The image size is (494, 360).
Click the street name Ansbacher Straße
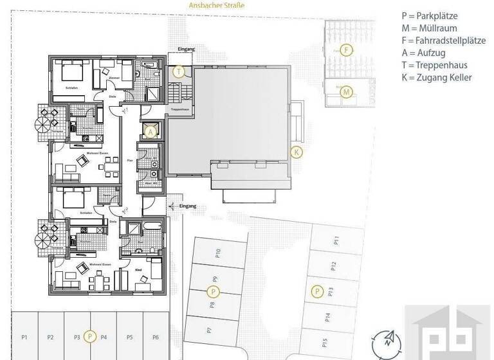[217, 5]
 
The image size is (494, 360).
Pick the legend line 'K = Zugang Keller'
[436, 77]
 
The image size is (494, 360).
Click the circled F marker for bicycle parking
[346, 50]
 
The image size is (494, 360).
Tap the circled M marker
[346, 92]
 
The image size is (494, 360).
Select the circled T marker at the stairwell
[179, 71]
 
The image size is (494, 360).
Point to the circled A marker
[151, 132]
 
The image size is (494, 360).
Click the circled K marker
[296, 152]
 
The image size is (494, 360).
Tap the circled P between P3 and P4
[91, 336]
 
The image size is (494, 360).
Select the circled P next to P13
[316, 291]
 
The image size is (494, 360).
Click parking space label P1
[24, 337]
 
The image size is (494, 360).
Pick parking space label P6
[155, 337]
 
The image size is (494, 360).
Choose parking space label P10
[218, 253]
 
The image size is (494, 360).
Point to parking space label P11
[336, 242]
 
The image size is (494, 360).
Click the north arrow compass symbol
[386, 340]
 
